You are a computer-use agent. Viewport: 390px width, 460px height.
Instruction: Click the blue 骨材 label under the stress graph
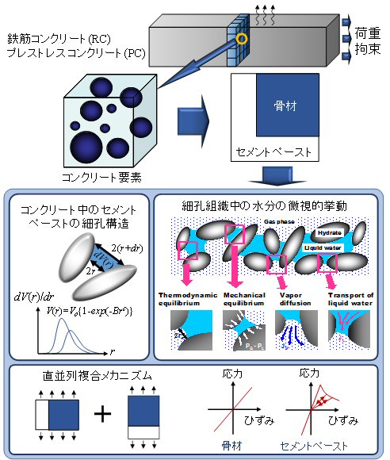[x=233, y=447]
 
